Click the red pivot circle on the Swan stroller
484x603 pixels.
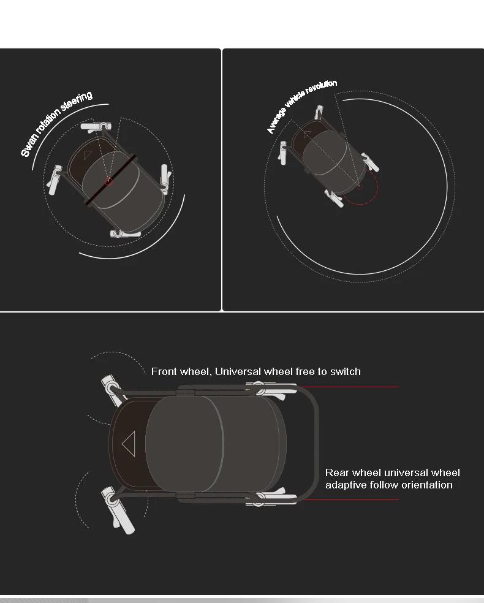point(109,181)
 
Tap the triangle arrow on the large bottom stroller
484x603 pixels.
point(129,444)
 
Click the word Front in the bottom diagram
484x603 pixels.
point(164,371)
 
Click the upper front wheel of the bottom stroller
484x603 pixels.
point(111,390)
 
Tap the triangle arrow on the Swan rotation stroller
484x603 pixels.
point(88,155)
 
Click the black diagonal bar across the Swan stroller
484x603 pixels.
point(110,180)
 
